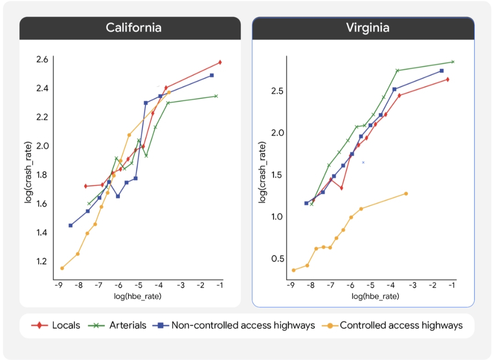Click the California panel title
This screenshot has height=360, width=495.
[x=133, y=27]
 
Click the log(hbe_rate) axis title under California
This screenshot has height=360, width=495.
[x=137, y=296]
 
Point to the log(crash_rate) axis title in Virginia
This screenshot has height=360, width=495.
[x=262, y=173]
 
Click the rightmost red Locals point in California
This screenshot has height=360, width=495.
[x=220, y=62]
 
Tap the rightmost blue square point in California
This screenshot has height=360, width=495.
[x=212, y=75]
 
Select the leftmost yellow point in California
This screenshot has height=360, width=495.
[x=62, y=268]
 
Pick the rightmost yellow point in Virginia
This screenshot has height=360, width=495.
[x=406, y=194]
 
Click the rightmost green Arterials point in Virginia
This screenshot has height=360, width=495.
[x=452, y=62]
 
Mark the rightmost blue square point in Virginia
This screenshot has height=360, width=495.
[x=441, y=71]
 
